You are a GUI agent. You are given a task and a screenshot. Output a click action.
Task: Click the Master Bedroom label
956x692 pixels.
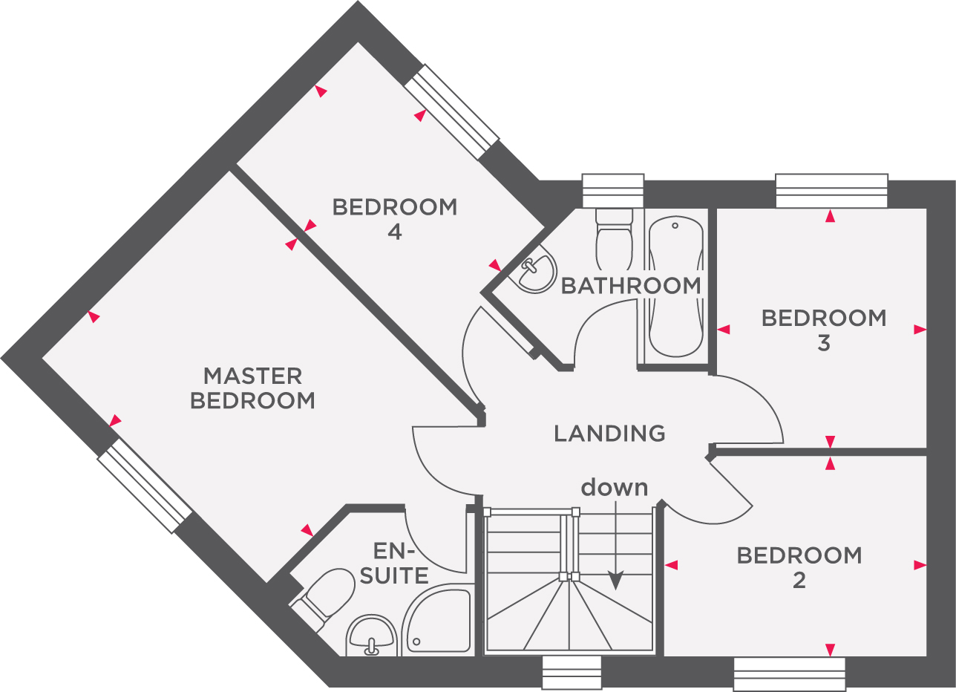tap(252, 388)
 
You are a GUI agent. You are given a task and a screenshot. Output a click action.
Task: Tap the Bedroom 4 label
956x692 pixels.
tap(394, 219)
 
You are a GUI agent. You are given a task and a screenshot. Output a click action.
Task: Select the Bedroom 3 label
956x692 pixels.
tap(824, 330)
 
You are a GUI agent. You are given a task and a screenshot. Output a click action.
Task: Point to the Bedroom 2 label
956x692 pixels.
tap(799, 567)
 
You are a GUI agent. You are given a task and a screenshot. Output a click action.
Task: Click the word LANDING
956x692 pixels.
tap(609, 433)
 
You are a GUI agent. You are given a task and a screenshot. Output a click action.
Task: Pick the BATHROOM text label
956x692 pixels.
tap(630, 286)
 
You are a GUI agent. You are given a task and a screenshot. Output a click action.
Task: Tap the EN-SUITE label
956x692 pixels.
tap(400, 563)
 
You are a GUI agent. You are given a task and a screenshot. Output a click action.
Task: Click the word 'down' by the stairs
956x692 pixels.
tap(614, 488)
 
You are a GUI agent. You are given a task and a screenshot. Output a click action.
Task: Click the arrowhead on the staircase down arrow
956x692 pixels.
tap(615, 581)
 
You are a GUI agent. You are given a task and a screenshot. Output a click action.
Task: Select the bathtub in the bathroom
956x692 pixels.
tap(675, 287)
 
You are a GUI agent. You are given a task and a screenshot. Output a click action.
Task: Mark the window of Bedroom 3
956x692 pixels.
tap(831, 191)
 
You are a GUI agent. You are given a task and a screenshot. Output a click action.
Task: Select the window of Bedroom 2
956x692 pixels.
tap(789, 674)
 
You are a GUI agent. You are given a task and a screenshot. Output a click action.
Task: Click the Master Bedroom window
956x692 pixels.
tap(145, 485)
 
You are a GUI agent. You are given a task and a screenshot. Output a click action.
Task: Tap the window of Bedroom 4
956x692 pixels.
tap(451, 111)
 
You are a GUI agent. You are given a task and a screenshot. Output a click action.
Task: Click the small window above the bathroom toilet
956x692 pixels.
tap(612, 191)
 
